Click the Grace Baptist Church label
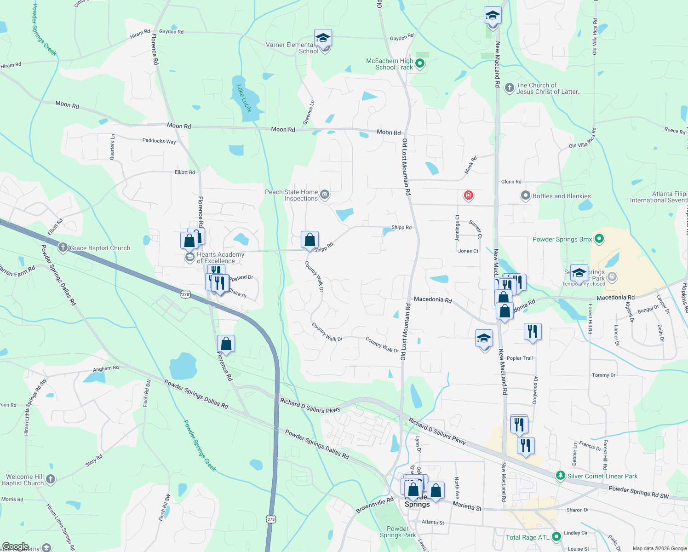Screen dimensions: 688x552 point(100,248)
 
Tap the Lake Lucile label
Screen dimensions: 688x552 point(245,98)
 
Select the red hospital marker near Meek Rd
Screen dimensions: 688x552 point(469,195)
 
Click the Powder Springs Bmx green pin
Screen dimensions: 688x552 point(599,239)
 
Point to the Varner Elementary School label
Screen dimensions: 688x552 point(291,48)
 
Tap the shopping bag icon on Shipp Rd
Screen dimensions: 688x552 point(310,240)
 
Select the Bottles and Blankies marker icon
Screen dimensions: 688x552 point(525,196)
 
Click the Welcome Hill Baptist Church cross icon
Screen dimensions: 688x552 point(51,479)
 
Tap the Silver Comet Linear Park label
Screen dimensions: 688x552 point(602,476)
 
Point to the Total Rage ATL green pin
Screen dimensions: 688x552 point(556,536)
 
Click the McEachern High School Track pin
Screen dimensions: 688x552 point(419,63)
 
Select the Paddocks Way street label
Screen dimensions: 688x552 point(159,141)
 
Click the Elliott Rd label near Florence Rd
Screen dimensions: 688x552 point(185,172)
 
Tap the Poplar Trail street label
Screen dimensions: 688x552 point(520,358)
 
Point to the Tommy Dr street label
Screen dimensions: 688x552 point(603,375)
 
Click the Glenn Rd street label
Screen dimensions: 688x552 point(511,182)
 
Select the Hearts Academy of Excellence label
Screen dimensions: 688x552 point(220,258)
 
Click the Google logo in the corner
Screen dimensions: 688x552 point(15,546)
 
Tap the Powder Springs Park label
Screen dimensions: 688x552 point(398,532)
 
